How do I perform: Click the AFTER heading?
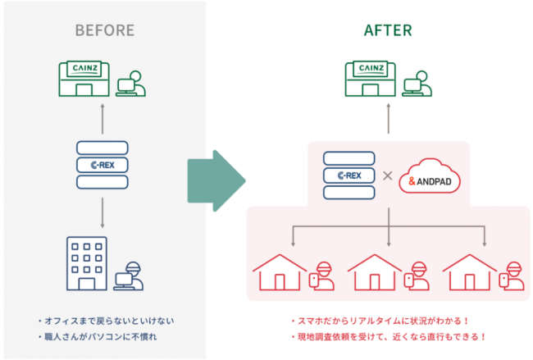pos(388,31)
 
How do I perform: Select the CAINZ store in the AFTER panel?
pos(368,78)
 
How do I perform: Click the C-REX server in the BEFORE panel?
pos(102,166)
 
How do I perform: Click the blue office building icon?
pos(84,262)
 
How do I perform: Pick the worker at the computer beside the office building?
pos(128,276)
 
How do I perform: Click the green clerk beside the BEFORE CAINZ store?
pos(129,85)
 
